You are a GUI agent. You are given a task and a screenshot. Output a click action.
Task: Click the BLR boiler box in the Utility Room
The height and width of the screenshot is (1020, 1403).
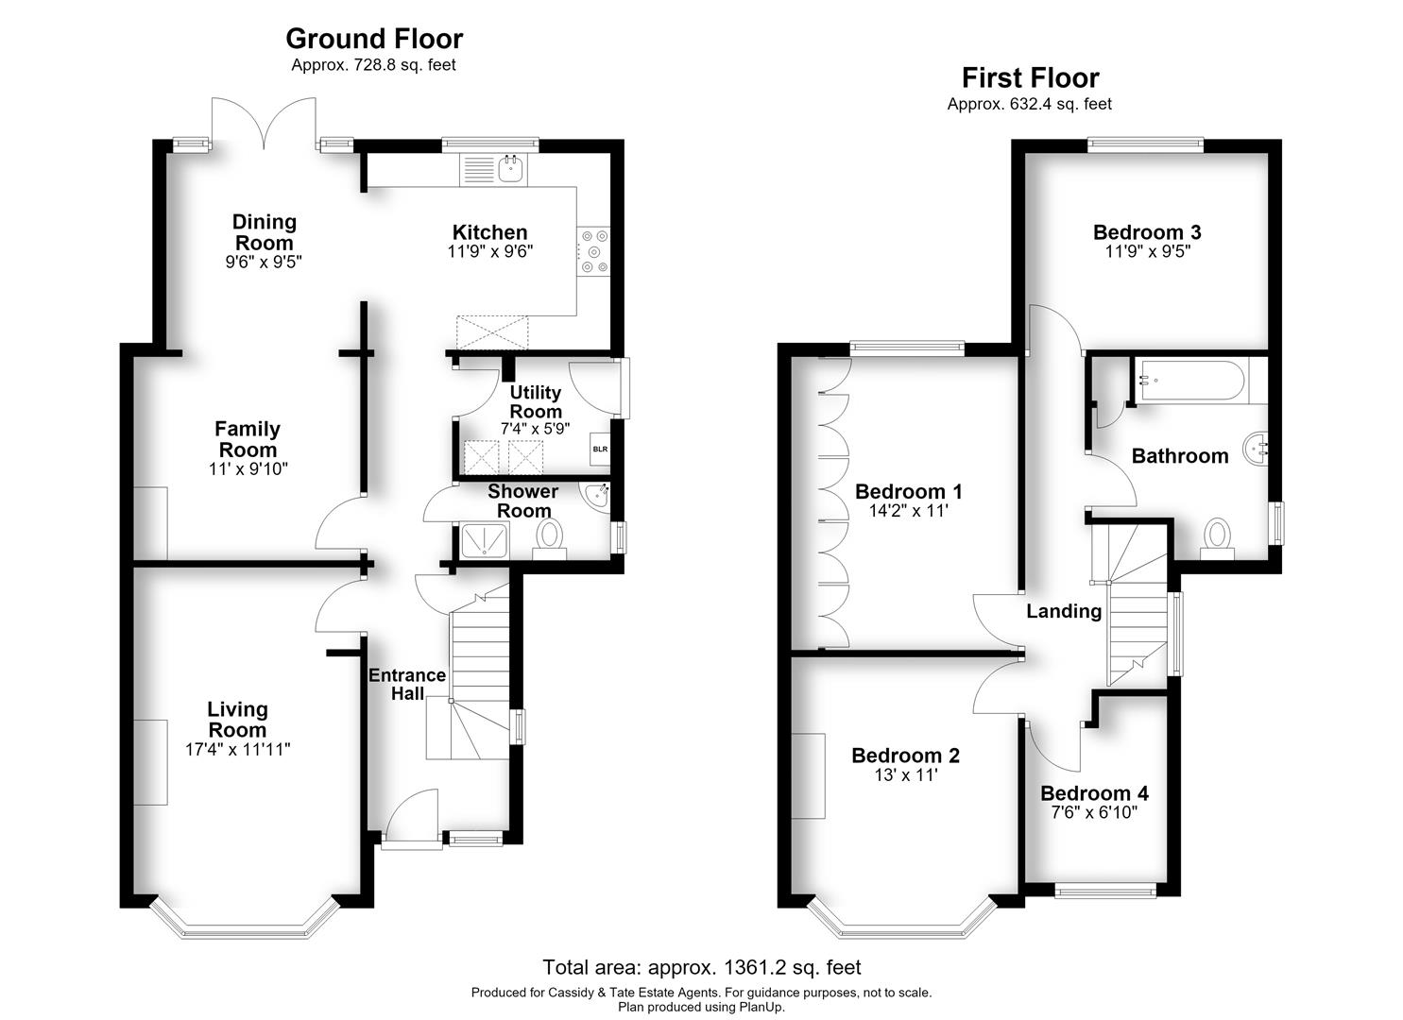(600, 449)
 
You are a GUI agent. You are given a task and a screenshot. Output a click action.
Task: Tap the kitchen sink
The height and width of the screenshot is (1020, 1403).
(494, 169)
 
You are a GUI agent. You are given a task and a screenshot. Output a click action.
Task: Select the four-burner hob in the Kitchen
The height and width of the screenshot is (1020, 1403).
(593, 252)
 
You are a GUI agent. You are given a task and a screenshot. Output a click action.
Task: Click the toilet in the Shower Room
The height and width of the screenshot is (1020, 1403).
(550, 539)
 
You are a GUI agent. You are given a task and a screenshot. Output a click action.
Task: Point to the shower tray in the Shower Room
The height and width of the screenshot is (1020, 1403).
(485, 540)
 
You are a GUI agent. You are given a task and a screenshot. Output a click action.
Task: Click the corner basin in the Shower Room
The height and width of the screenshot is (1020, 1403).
(595, 498)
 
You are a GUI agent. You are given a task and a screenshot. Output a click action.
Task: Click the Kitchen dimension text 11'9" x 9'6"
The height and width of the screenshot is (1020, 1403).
(489, 252)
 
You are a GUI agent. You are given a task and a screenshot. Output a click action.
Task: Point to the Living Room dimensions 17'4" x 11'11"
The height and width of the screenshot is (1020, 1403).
(237, 749)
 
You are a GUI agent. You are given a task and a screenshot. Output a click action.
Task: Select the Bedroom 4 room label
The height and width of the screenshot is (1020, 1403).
(1094, 793)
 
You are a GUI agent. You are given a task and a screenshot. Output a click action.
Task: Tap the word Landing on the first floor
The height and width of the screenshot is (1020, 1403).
(1064, 610)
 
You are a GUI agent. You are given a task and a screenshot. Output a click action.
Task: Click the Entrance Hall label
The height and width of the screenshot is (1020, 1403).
(407, 684)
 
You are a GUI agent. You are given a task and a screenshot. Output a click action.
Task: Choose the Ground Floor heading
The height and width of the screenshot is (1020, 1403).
(374, 39)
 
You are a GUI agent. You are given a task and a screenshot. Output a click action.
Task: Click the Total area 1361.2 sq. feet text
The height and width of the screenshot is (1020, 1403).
(701, 967)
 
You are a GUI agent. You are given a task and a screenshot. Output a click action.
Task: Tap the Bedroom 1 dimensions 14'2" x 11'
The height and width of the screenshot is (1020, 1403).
(908, 511)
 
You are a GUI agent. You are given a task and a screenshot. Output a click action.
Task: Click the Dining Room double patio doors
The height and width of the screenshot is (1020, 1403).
(264, 124)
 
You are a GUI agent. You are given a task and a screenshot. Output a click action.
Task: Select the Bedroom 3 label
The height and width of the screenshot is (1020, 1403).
(1147, 232)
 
